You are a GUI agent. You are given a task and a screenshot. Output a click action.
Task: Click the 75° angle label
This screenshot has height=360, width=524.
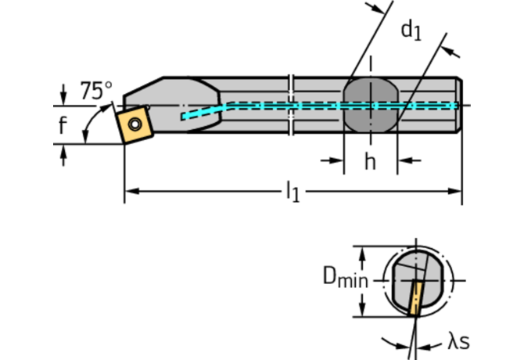pyautogui.click(x=96, y=90)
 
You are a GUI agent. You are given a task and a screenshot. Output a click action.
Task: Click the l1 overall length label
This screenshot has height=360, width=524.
pyautogui.click(x=292, y=191)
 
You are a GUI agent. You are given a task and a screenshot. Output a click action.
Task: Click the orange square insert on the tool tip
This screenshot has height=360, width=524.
pyautogui.click(x=134, y=124)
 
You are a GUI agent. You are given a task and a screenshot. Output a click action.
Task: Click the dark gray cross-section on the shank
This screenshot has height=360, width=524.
pyautogui.click(x=371, y=106)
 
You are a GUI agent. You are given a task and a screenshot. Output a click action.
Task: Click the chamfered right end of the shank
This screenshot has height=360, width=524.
pyautogui.click(x=458, y=106)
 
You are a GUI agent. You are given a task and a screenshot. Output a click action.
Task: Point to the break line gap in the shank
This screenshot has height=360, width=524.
pyautogui.click(x=293, y=106)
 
